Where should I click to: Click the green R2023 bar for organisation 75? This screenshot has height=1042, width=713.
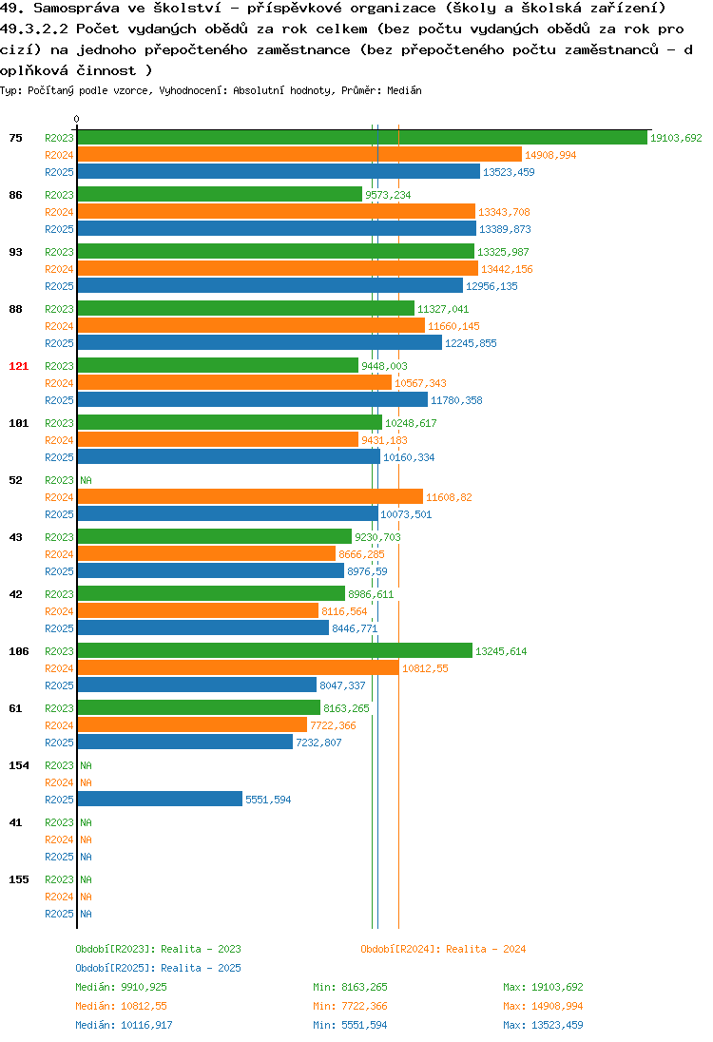click(362, 138)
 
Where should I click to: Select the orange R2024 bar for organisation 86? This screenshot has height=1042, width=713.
click(277, 212)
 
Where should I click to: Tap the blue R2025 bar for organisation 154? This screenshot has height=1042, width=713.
click(160, 800)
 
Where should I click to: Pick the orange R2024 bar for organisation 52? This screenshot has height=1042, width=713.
click(251, 497)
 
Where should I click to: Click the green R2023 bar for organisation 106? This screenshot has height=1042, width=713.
click(275, 651)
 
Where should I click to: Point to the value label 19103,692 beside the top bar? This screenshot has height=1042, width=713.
click(676, 138)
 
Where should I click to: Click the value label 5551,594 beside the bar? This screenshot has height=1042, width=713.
click(268, 801)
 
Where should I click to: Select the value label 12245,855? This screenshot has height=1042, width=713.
click(471, 343)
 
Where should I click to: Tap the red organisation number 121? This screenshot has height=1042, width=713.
click(19, 366)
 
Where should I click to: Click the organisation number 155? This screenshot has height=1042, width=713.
click(19, 879)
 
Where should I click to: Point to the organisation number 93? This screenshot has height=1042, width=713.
click(15, 253)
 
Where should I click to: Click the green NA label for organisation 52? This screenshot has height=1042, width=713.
click(86, 480)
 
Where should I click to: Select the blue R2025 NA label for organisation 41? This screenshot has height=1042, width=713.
click(86, 858)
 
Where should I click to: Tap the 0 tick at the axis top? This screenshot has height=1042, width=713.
click(76, 119)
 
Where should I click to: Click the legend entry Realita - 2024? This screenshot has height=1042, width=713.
click(486, 949)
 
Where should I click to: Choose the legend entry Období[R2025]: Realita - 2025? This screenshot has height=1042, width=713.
click(158, 968)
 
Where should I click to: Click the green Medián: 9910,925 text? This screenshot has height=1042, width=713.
click(121, 988)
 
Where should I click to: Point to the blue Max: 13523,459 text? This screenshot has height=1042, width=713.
click(543, 1026)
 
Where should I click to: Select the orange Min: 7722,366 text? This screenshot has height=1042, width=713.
click(350, 1006)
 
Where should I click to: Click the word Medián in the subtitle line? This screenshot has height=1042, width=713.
click(404, 90)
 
